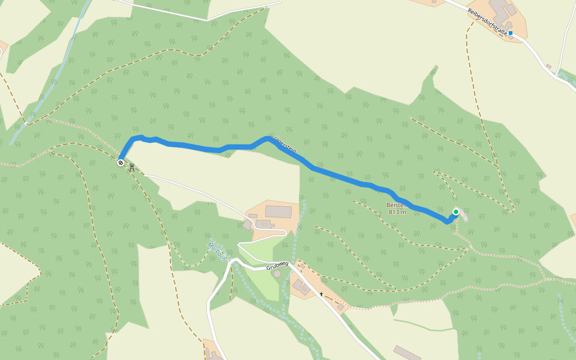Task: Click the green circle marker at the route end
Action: click(456, 212)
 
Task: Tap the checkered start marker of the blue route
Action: click(121, 162)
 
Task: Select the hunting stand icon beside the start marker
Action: click(131, 168)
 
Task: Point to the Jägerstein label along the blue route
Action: click(285, 146)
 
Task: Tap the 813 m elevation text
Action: click(397, 212)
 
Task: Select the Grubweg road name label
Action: click(278, 263)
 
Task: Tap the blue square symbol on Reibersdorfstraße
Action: click(511, 34)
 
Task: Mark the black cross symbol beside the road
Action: click(322, 295)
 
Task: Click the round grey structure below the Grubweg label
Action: click(276, 274)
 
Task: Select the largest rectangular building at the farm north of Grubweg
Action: click(278, 211)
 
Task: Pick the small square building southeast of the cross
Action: click(341, 307)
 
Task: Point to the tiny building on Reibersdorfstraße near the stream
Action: click(548, 65)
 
